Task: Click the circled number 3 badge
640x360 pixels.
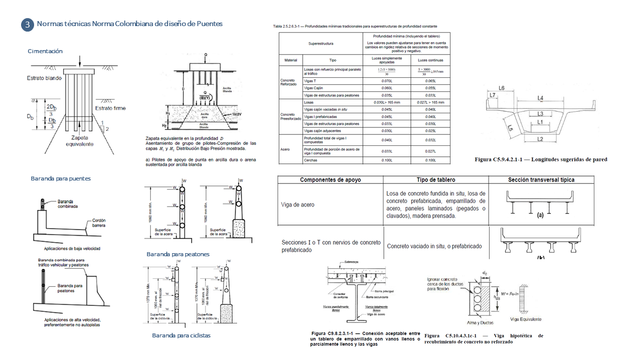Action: tap(27, 25)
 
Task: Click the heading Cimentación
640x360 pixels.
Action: tap(45, 51)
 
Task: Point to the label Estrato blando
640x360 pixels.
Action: tap(45, 78)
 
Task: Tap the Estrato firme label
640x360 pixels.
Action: tap(110, 108)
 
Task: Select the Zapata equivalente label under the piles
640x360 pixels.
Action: tap(80, 141)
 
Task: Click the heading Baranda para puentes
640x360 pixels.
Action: tap(61, 178)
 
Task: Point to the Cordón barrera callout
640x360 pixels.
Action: tap(99, 223)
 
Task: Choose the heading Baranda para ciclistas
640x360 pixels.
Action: tap(181, 335)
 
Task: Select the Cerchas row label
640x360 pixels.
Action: tap(311, 160)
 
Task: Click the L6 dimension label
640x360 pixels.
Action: tap(501, 88)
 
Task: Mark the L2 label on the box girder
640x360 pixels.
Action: tap(540, 138)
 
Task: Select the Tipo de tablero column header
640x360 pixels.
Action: tap(436, 180)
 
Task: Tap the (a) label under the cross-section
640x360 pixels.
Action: tap(540, 215)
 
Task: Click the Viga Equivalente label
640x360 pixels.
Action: tap(525, 319)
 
